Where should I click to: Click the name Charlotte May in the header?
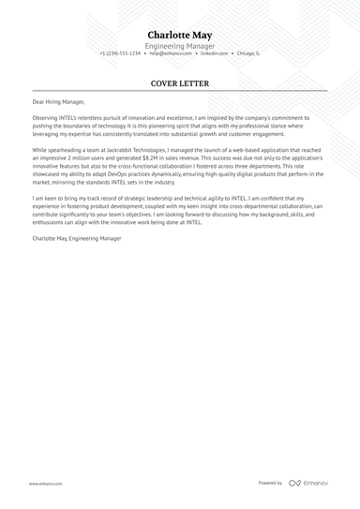tap(179, 35)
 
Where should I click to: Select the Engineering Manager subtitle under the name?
tap(179, 46)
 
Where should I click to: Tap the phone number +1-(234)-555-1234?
tap(120, 53)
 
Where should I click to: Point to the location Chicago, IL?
tap(249, 53)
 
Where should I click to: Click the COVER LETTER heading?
tap(179, 83)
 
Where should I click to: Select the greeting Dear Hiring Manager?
tap(58, 101)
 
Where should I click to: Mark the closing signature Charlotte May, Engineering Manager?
tap(76, 239)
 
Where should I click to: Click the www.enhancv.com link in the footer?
tap(45, 484)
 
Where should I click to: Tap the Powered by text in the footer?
tap(270, 483)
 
